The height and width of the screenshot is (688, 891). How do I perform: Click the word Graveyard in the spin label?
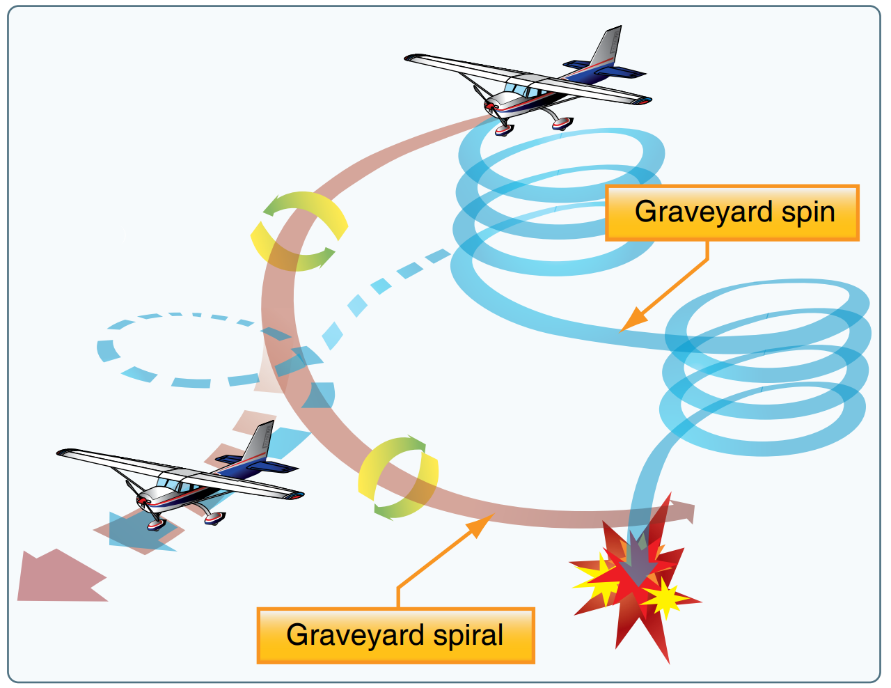click(694, 212)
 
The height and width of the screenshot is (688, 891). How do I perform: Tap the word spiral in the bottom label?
click(468, 635)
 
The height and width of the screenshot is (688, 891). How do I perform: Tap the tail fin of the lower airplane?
click(258, 441)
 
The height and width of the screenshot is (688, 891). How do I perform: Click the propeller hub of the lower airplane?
click(143, 500)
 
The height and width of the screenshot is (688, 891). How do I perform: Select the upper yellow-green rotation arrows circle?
click(299, 230)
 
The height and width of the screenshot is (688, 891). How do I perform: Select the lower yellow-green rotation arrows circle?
click(398, 478)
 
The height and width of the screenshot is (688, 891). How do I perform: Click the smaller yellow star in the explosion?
click(665, 597)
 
